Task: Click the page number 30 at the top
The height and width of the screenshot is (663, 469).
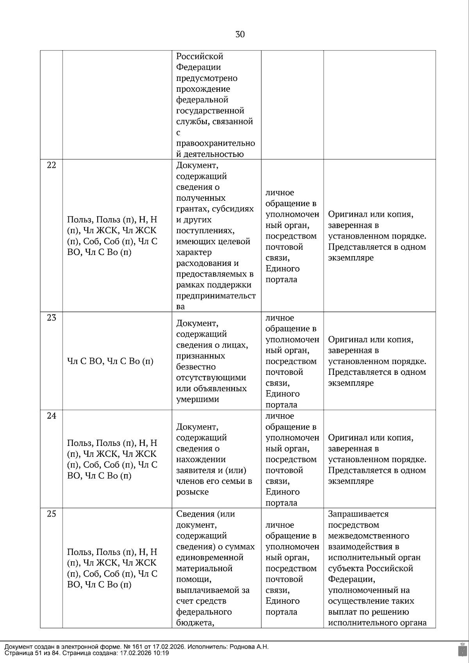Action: coord(240,35)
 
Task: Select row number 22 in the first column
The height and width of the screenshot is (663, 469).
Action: coord(52,165)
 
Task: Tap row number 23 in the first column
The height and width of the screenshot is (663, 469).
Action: coord(52,318)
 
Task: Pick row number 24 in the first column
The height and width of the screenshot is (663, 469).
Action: coord(52,416)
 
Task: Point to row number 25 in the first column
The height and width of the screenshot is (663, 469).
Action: coord(52,514)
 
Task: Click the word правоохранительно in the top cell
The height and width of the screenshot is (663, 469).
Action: coord(215,143)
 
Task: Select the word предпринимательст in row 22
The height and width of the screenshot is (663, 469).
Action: coord(216,296)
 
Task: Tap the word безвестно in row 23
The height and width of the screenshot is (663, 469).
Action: coord(196,367)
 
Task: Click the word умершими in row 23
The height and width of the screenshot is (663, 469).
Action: coord(198,399)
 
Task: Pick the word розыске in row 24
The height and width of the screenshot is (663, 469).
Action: coord(192,492)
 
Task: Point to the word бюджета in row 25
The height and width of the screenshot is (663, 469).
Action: coord(194,623)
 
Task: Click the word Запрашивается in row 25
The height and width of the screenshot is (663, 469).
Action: coord(358,514)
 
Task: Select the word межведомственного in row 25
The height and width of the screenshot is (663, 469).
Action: coord(369,536)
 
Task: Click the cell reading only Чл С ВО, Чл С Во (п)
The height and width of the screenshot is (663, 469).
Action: coord(110,362)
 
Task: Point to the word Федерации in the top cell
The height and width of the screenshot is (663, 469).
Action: coord(199,67)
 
